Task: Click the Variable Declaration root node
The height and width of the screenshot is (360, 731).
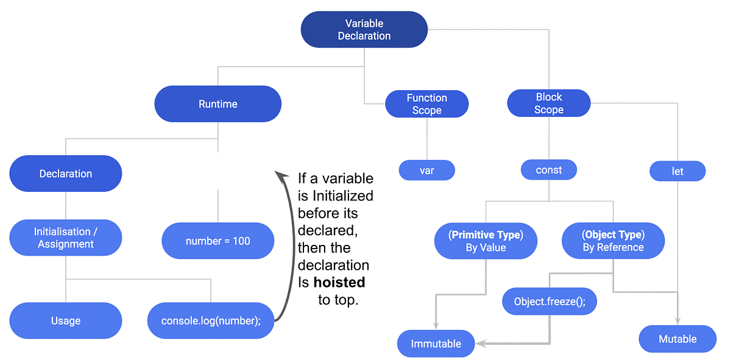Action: click(364, 30)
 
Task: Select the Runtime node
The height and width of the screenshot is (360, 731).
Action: click(217, 104)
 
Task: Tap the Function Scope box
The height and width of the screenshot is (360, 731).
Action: click(426, 104)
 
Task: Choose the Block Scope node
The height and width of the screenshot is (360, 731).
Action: click(549, 104)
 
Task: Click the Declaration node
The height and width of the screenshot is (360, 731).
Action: click(66, 174)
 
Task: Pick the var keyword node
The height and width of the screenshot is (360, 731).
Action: click(426, 171)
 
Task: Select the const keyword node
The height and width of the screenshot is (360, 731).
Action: click(549, 170)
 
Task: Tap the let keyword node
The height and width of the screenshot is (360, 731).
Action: click(677, 171)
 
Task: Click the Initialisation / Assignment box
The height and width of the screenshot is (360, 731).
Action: click(66, 238)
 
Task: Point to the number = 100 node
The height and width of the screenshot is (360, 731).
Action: click(217, 241)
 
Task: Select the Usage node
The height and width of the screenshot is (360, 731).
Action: click(66, 320)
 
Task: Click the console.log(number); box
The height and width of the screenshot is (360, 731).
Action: click(211, 320)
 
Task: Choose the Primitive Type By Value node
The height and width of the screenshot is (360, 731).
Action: click(486, 241)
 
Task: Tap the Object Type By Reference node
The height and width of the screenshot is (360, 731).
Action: click(613, 241)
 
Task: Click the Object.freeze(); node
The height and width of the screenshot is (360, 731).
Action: click(549, 302)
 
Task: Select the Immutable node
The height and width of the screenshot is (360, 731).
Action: click(436, 344)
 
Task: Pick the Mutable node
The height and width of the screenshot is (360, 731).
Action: click(677, 339)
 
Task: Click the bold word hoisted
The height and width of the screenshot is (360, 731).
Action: click(339, 282)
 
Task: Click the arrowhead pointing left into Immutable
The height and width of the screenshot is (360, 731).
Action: click(481, 344)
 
